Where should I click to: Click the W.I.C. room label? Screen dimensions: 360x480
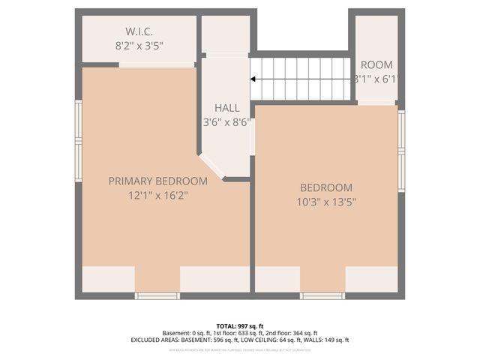pyautogui.click(x=139, y=31)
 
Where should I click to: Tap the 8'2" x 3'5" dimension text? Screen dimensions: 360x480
pyautogui.click(x=139, y=45)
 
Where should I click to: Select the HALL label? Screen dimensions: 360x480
pyautogui.click(x=226, y=108)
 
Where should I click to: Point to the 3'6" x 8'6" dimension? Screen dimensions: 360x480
pyautogui.click(x=226, y=121)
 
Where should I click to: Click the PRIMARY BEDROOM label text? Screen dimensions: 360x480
pyautogui.click(x=157, y=181)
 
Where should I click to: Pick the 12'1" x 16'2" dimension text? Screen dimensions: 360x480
pyautogui.click(x=157, y=195)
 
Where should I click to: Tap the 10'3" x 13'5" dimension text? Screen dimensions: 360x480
pyautogui.click(x=326, y=201)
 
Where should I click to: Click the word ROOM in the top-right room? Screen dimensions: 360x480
pyautogui.click(x=376, y=64)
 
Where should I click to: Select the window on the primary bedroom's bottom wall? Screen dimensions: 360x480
pyautogui.click(x=157, y=296)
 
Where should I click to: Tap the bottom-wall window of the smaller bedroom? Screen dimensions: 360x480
pyautogui.click(x=322, y=296)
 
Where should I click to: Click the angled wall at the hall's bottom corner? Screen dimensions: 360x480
pyautogui.click(x=212, y=166)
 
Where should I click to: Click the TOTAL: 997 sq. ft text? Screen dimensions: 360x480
pyautogui.click(x=240, y=325)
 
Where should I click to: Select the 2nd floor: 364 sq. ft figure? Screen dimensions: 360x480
pyautogui.click(x=291, y=333)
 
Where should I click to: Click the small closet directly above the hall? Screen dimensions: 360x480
pyautogui.click(x=225, y=34)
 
